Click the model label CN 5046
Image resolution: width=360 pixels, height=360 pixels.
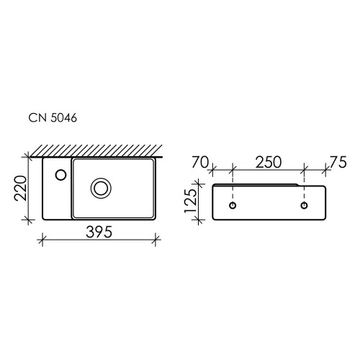(53, 118)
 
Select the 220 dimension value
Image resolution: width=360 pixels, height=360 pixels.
(20, 188)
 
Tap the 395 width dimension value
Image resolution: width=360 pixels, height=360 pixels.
(99, 232)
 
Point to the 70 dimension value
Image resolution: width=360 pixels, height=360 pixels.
(200, 162)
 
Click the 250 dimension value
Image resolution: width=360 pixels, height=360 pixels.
(269, 162)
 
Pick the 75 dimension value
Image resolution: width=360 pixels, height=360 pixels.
(338, 162)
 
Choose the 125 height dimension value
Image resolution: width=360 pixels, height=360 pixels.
(191, 201)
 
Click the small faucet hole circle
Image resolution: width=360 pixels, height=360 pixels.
(60, 175)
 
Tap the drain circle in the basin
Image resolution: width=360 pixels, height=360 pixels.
(101, 188)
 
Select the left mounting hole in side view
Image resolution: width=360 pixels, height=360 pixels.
(233, 205)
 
